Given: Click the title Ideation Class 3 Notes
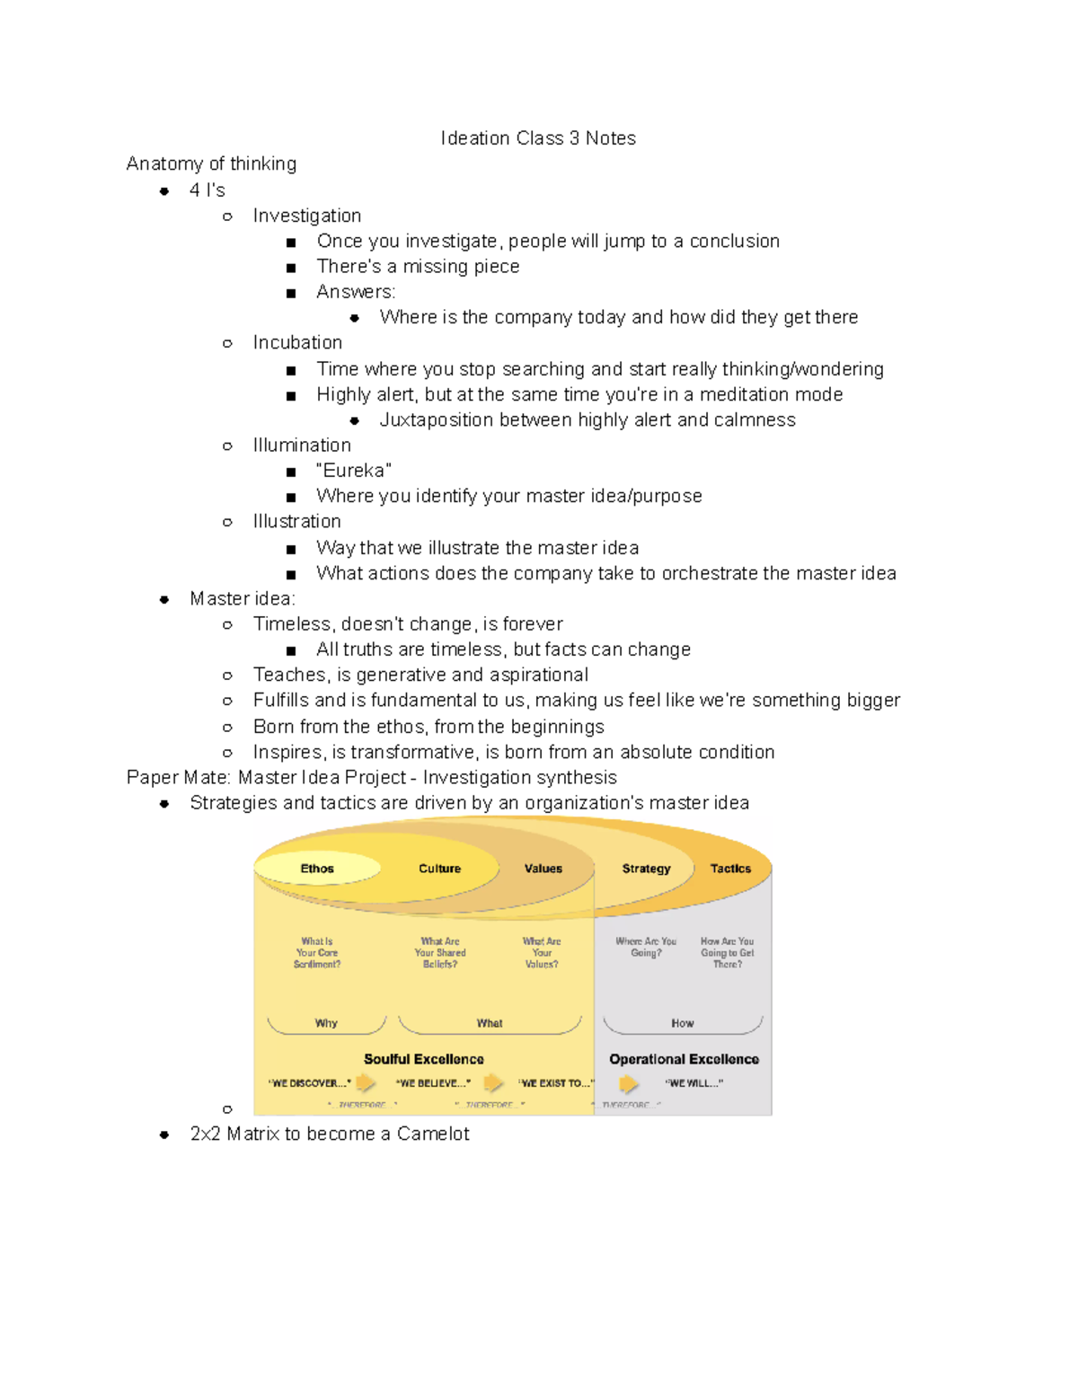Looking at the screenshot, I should (537, 138).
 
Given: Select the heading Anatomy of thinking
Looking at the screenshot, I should (211, 163).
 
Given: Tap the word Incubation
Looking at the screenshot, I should (297, 342).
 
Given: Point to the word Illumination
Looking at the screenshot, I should (302, 446).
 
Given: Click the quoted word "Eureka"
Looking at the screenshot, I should (354, 471).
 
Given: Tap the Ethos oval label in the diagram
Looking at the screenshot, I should (317, 869).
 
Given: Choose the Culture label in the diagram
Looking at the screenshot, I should (439, 869).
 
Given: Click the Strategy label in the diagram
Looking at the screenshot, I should (646, 869).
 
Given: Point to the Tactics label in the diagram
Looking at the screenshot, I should (730, 869).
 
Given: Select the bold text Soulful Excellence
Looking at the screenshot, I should (423, 1059).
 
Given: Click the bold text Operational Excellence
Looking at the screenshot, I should (684, 1059).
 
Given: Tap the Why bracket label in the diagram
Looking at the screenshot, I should (326, 1023).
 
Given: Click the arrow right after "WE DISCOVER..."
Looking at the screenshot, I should (366, 1082).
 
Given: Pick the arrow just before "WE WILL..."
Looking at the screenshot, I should (629, 1083).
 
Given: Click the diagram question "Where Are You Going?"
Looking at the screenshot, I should (646, 947).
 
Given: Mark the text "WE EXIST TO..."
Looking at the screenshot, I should (556, 1083).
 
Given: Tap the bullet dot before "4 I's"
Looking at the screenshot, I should (164, 190).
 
